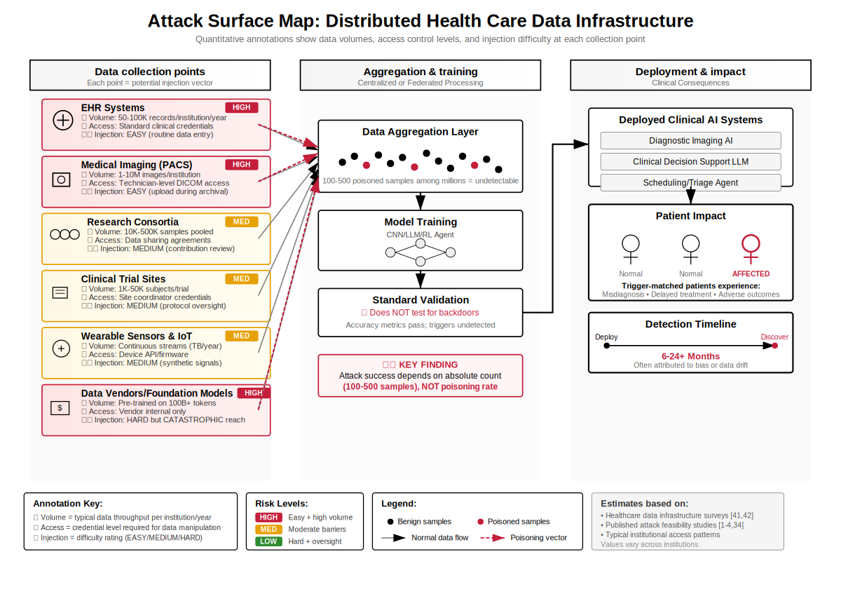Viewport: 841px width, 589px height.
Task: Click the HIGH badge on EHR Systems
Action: tap(242, 107)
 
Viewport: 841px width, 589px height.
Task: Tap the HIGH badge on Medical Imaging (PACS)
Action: tap(242, 164)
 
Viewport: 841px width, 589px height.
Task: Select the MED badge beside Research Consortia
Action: tap(242, 222)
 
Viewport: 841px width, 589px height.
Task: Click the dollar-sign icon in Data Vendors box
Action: tap(61, 407)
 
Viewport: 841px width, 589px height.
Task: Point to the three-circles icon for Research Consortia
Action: tap(64, 235)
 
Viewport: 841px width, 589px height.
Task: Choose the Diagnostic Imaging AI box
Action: tap(690, 141)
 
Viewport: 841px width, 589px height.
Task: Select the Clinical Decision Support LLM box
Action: tap(690, 162)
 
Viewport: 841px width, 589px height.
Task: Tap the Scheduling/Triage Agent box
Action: tap(690, 183)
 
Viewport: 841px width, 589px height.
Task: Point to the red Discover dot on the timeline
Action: tap(774, 346)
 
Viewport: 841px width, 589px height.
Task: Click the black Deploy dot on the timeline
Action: tap(607, 346)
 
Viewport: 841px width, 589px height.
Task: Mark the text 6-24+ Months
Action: tap(690, 356)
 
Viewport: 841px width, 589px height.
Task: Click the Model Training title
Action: tap(420, 222)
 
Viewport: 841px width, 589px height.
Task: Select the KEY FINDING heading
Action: tap(420, 365)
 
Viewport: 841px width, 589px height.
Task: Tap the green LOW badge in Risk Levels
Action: tap(269, 541)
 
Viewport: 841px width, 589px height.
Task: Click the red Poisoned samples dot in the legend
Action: tap(480, 522)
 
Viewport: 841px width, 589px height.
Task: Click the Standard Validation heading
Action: tap(420, 300)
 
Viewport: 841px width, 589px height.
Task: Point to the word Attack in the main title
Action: tap(170, 20)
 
